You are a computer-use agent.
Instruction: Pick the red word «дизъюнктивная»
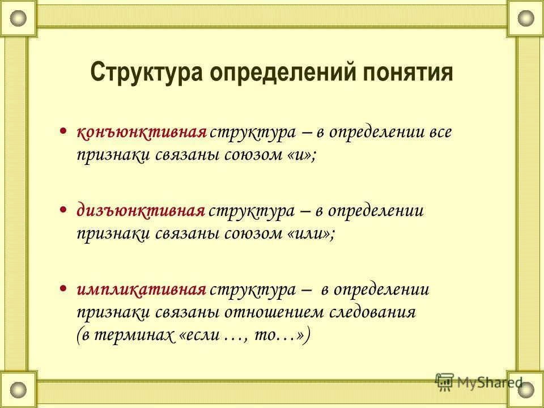[x=141, y=212]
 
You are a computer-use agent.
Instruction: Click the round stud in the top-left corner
[x=18, y=18]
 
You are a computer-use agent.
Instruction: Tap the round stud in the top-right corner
[x=525, y=18]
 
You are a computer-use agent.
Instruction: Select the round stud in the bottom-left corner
[x=18, y=389]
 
